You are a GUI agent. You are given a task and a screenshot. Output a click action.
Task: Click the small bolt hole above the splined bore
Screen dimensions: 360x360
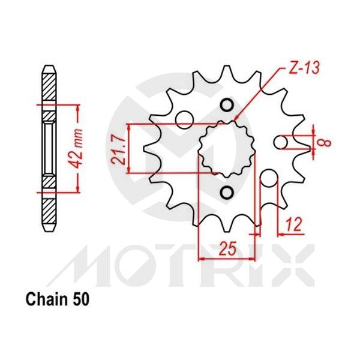(x=226, y=106)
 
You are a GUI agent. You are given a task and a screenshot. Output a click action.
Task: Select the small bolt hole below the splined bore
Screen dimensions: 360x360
(x=226, y=193)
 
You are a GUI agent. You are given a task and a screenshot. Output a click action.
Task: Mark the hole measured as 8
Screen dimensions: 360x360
(x=280, y=142)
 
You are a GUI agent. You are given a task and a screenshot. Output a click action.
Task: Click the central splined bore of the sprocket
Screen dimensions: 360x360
(x=226, y=149)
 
